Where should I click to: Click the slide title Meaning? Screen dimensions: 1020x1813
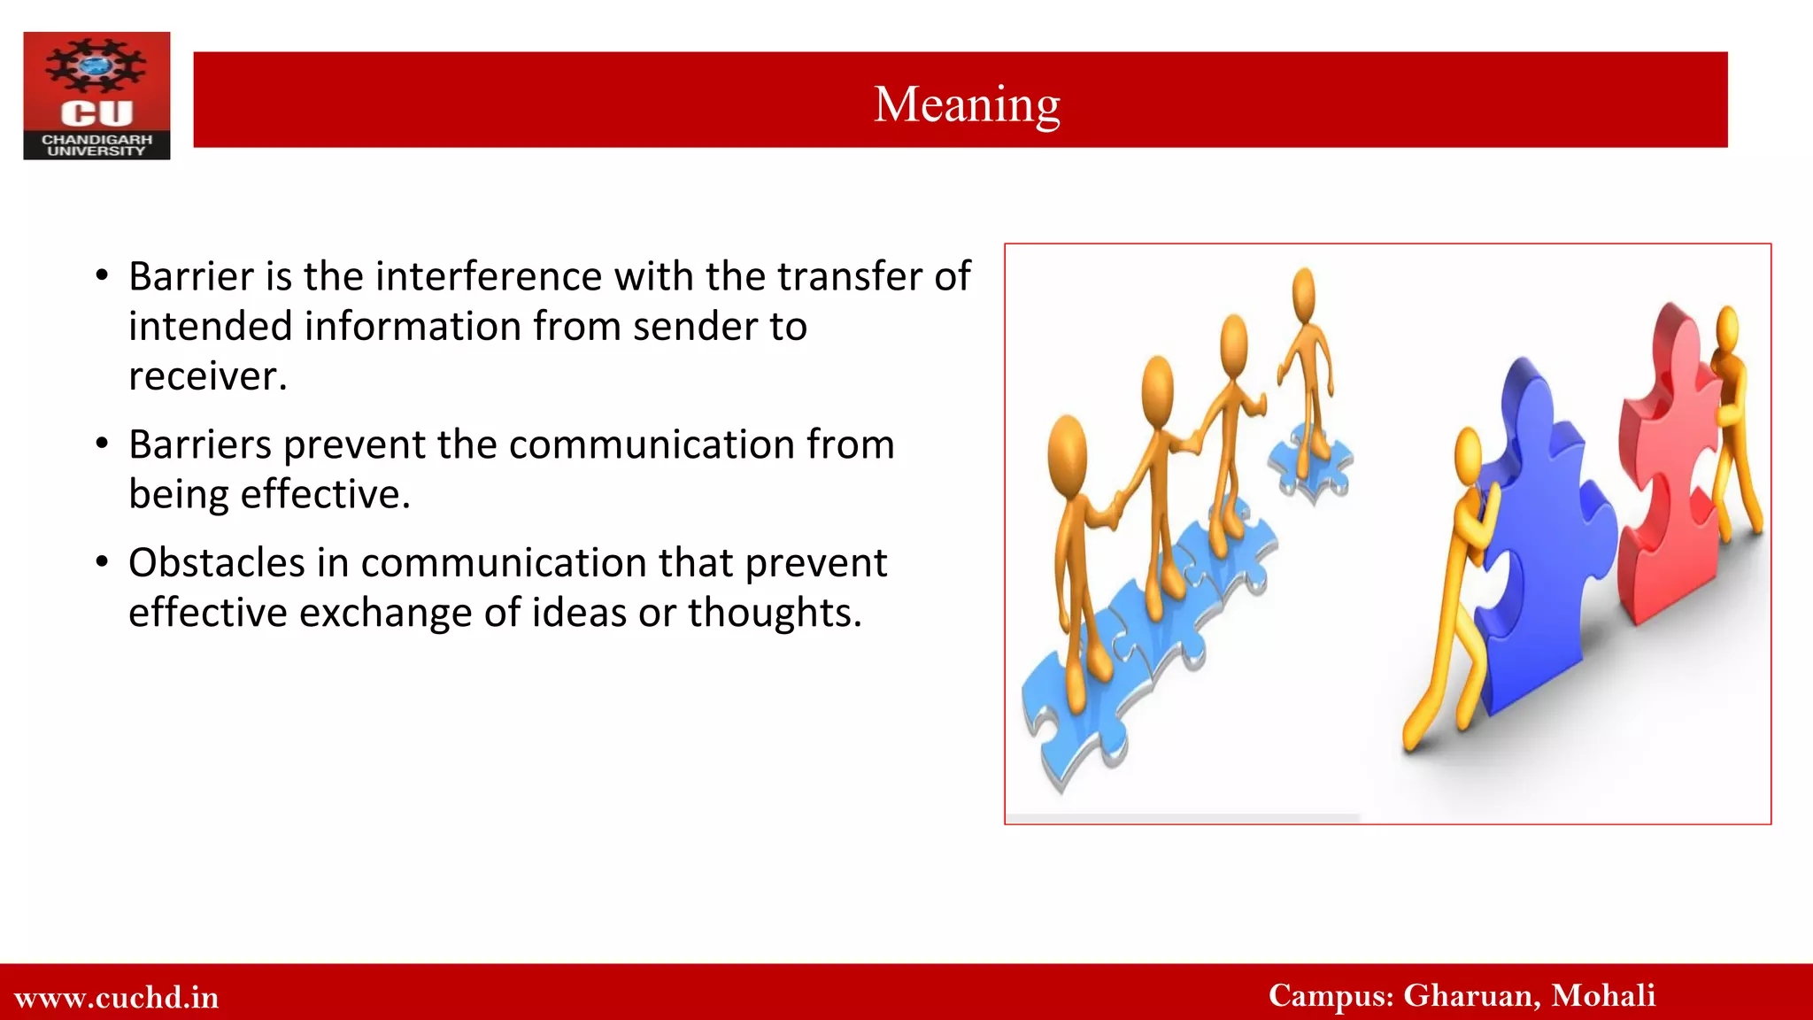coord(967,104)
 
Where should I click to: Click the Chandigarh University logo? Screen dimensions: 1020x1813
coord(96,96)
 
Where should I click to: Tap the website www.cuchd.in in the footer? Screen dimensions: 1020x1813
coord(117,997)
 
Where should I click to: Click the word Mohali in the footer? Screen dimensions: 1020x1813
coord(1603,995)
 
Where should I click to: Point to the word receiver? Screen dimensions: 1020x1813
coord(207,376)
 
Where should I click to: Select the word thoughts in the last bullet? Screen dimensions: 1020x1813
coord(774,613)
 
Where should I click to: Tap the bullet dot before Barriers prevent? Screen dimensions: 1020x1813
coord(103,443)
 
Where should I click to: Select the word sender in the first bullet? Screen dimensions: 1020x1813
coord(695,327)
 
